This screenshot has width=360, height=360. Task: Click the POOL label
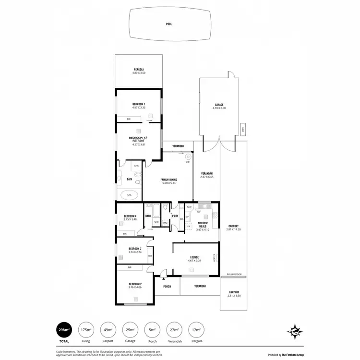pos(168,24)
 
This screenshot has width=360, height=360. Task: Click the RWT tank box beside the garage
pos(243,129)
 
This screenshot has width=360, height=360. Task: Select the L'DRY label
pos(175,216)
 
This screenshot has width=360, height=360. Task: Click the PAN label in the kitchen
pos(189,206)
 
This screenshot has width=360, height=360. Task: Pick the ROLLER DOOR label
pos(234,275)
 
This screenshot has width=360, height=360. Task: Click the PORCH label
pos(167,287)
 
